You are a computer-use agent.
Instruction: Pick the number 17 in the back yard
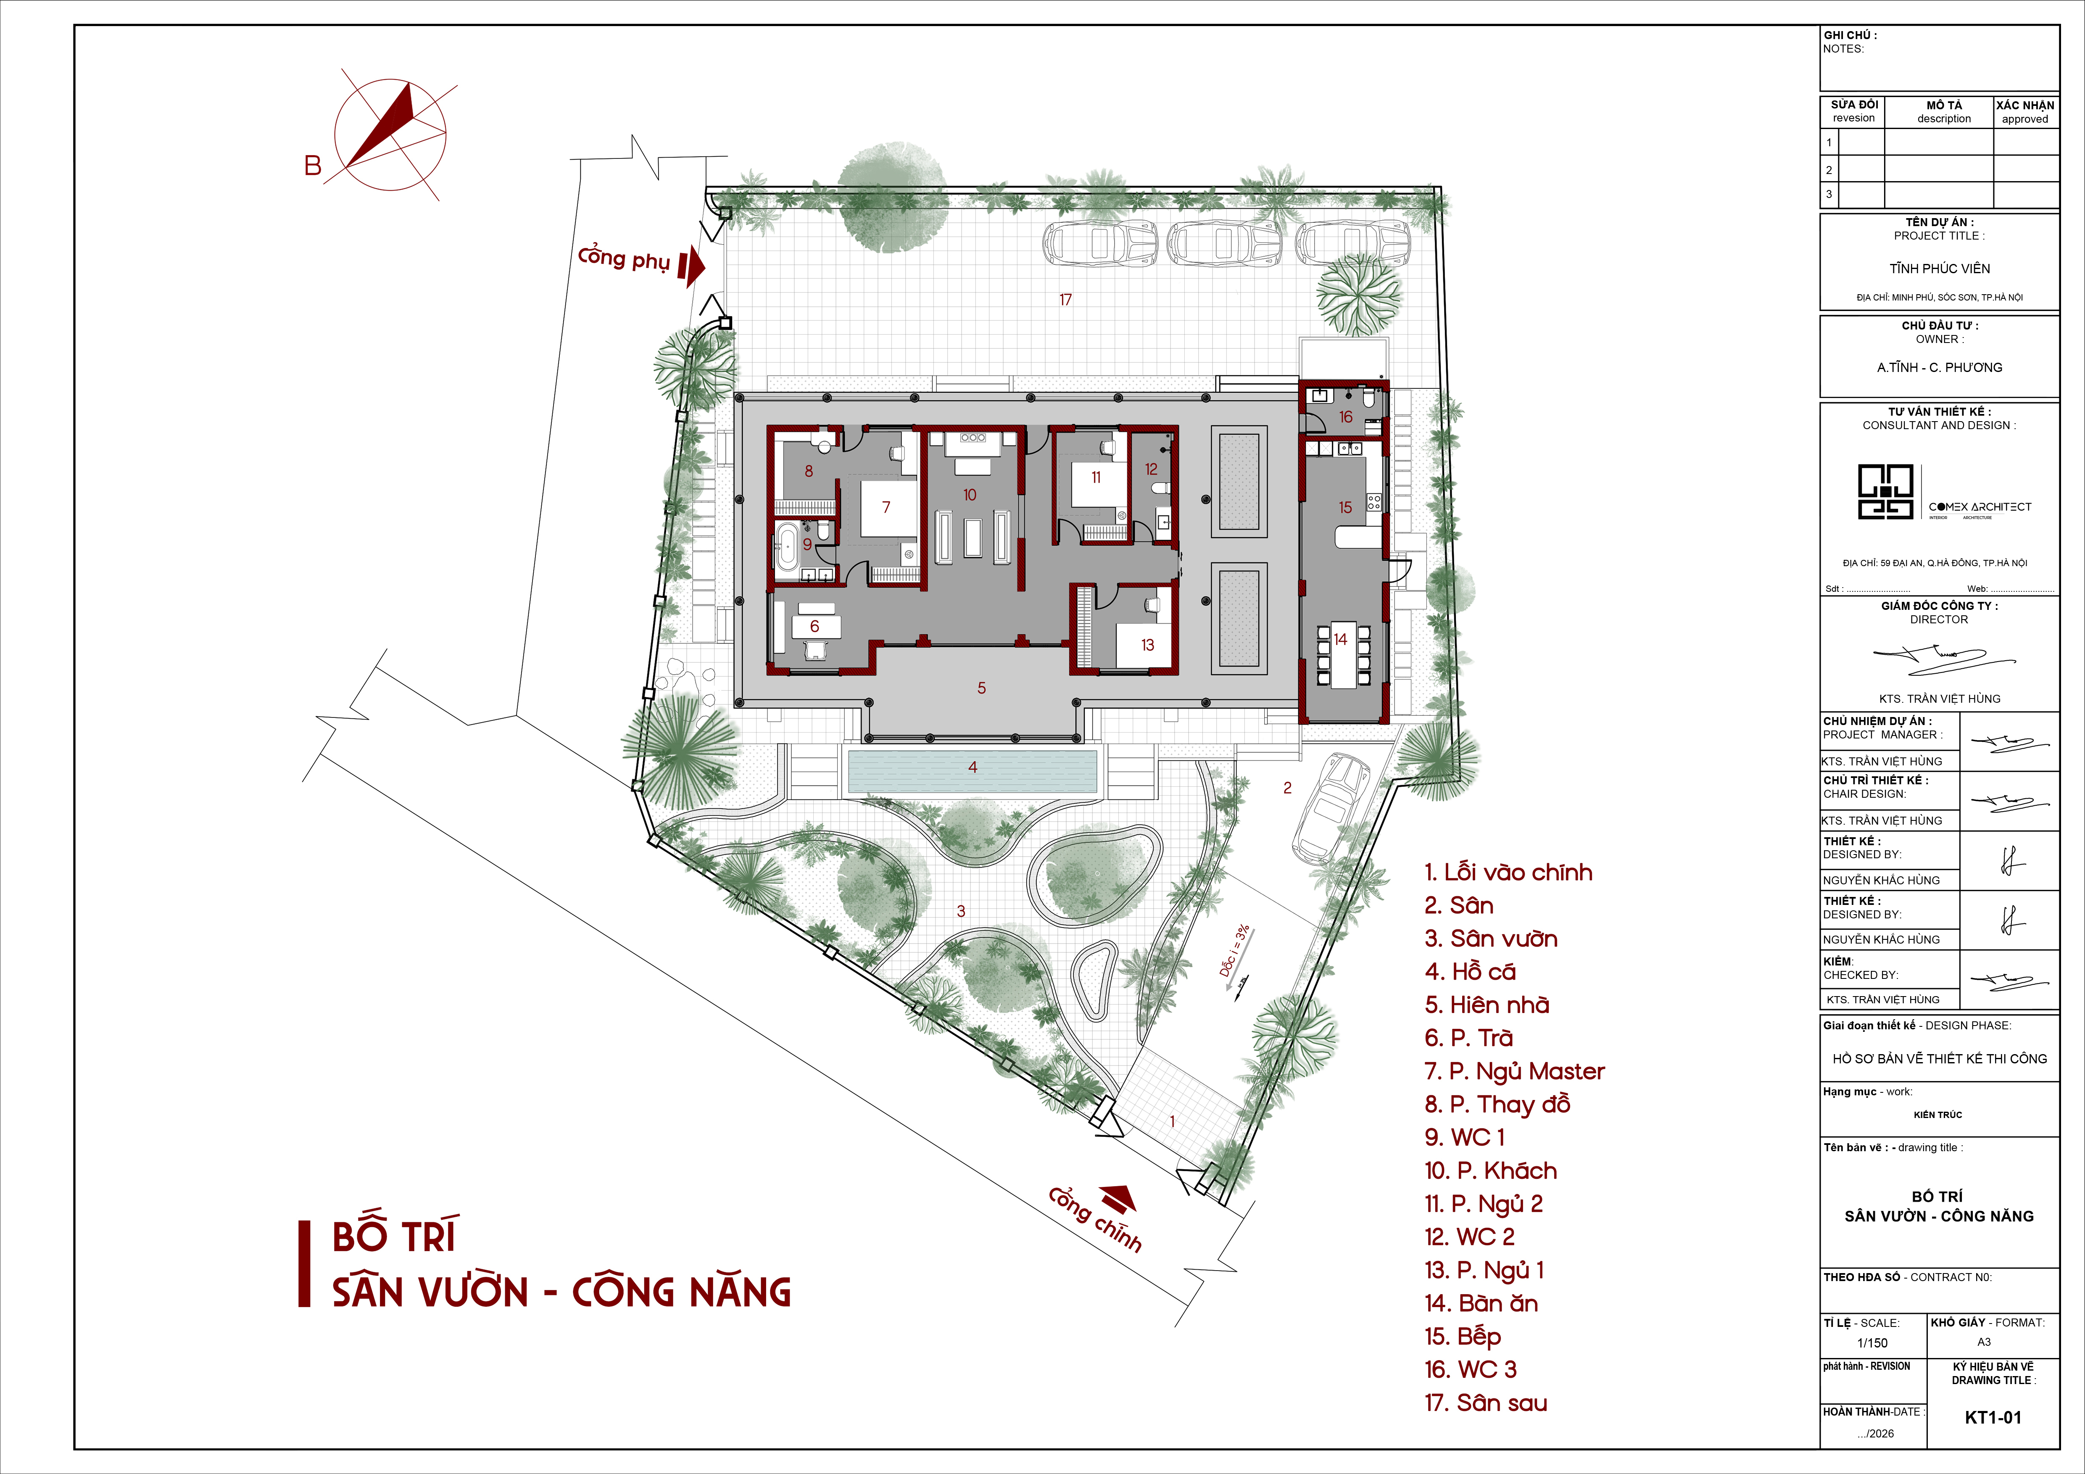[1065, 300]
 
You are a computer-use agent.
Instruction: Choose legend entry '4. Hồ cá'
[1470, 972]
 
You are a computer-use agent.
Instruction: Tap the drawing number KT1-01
[1993, 1418]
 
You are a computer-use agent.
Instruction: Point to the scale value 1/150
[1872, 1343]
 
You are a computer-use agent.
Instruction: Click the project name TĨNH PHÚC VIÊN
[1940, 269]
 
